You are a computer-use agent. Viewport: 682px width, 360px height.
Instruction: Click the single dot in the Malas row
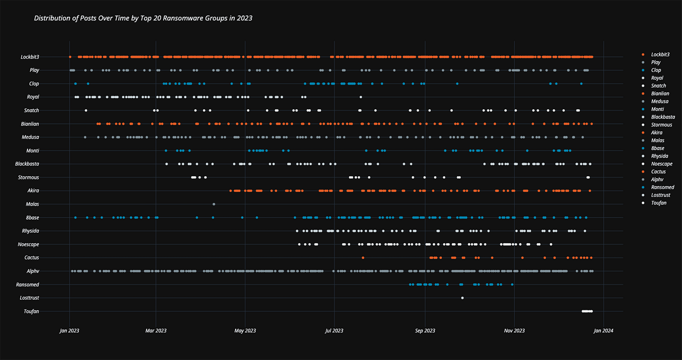[214, 204]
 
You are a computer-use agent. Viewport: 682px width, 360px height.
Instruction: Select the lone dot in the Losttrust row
[462, 298]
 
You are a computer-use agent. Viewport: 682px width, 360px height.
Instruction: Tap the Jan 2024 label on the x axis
[603, 331]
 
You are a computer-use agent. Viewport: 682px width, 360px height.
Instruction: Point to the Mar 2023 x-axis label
[156, 331]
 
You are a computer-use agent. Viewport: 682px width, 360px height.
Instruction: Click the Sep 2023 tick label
[425, 331]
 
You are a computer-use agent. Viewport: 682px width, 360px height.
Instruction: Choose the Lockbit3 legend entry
[660, 55]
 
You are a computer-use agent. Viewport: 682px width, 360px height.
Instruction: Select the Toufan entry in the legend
[658, 203]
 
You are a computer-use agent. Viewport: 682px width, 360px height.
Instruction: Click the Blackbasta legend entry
[663, 117]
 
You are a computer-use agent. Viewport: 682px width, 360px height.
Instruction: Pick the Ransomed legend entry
[663, 187]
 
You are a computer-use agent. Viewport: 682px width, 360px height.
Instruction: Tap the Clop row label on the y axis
[34, 84]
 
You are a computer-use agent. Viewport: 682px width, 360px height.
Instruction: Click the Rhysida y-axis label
[30, 231]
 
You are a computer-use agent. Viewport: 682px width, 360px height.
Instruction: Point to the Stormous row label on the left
[28, 177]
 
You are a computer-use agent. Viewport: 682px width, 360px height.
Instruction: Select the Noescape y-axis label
[28, 244]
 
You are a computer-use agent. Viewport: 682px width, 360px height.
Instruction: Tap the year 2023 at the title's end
[244, 18]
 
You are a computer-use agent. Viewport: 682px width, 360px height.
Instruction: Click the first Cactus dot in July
[363, 258]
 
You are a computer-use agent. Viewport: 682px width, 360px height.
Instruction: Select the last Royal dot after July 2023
[361, 97]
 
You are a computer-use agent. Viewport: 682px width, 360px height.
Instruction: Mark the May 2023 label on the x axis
[245, 331]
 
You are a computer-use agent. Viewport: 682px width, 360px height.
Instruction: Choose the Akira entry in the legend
[656, 133]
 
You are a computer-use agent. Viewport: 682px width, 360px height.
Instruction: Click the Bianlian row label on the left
[30, 124]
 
